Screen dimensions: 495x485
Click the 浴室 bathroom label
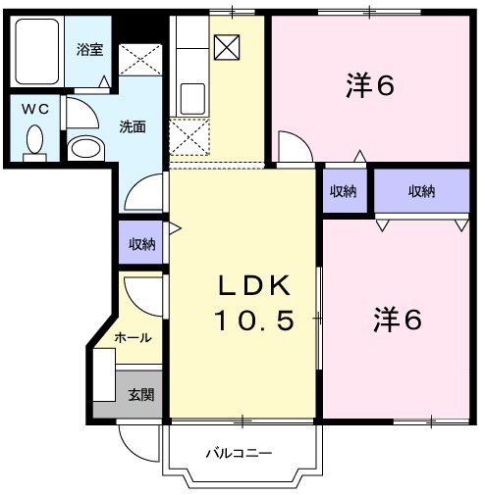point(89,50)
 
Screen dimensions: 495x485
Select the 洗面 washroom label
point(134,125)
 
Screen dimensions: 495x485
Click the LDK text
point(252,286)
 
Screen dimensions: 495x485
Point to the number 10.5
point(254,321)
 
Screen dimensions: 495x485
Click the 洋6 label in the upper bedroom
point(370,86)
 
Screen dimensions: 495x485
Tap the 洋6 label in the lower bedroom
point(397,320)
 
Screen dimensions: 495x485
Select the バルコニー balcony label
point(239,454)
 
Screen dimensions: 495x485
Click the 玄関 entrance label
point(140,395)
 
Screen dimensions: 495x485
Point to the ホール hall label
point(133,337)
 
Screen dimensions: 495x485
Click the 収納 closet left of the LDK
point(141,244)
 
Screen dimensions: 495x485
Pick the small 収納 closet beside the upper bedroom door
point(342,191)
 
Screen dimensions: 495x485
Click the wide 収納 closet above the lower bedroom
point(421,191)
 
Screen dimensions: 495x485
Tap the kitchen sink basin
point(192,99)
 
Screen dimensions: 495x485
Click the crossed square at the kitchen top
point(226,46)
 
